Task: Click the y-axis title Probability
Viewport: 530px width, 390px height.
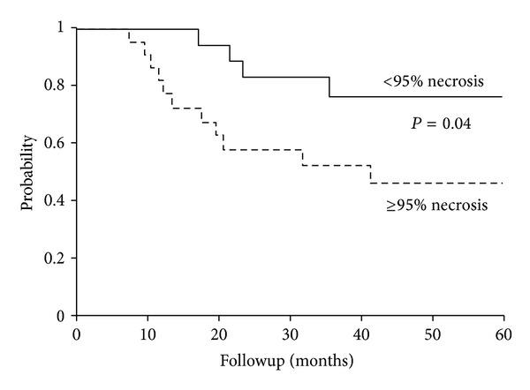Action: point(29,172)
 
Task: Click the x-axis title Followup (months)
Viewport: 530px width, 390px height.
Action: point(290,360)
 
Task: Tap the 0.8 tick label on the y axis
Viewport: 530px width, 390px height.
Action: point(58,86)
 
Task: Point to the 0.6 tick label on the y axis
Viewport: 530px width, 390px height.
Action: point(58,143)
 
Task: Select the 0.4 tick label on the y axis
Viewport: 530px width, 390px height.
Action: point(58,200)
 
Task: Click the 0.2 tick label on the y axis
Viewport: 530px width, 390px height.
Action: point(58,258)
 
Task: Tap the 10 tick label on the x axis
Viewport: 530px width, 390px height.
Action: point(148,334)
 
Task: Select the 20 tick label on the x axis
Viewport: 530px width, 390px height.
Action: point(218,334)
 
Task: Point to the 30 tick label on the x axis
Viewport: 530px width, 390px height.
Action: point(290,334)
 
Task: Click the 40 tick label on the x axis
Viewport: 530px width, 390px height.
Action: point(360,334)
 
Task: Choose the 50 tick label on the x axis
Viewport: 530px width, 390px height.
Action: point(432,334)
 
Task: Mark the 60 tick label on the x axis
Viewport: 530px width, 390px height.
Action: point(503,334)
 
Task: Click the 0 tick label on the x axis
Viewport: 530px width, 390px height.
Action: point(77,334)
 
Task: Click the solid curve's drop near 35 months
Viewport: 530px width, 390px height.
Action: point(329,86)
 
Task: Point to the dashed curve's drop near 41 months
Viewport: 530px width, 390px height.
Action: point(370,174)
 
